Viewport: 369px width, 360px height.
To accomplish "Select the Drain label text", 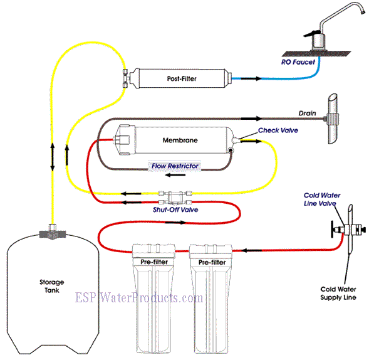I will [306, 114].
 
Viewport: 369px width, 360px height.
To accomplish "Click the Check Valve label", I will [278, 130].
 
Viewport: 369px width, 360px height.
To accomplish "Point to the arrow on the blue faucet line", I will [247, 79].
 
